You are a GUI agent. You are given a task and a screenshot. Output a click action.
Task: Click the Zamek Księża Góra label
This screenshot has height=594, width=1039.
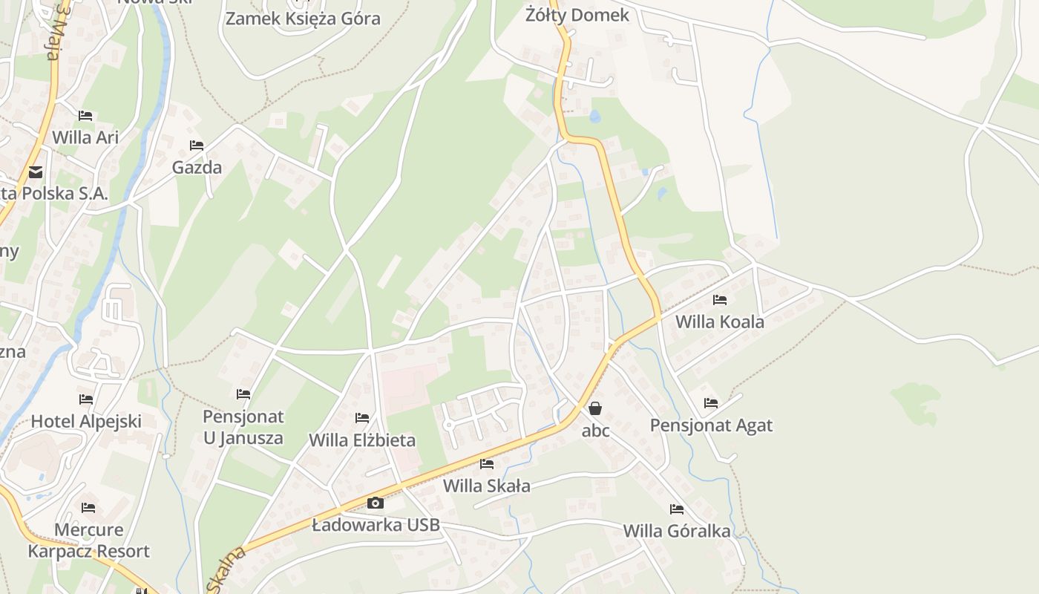[303, 19]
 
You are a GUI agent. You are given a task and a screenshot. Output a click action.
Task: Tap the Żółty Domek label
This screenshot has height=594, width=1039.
[577, 15]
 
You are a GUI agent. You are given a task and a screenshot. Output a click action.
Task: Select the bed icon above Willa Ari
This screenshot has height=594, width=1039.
[85, 116]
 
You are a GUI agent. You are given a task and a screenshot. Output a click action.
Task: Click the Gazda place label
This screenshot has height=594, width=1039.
[197, 167]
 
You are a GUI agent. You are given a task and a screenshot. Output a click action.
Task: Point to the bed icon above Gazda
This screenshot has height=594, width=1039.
[197, 146]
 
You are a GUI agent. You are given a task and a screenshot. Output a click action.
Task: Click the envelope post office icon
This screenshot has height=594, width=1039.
[35, 173]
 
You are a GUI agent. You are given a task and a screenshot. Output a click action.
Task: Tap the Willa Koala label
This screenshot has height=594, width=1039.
[719, 322]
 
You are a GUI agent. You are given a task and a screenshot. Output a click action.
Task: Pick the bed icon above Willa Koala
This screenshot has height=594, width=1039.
[719, 300]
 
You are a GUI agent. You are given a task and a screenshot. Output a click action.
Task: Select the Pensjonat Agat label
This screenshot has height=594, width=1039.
[711, 425]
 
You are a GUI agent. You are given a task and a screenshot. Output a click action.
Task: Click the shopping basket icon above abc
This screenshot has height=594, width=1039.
[595, 408]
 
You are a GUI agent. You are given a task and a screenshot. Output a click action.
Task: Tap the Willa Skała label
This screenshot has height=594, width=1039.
[487, 486]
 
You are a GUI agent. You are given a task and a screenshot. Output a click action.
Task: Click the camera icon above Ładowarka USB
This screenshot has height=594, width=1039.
[376, 503]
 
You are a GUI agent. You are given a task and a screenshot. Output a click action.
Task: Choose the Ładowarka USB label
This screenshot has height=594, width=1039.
[376, 525]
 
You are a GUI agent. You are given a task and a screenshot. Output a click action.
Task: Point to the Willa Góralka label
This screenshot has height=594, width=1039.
[677, 531]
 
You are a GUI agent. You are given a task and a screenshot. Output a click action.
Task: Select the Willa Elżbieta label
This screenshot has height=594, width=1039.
[362, 440]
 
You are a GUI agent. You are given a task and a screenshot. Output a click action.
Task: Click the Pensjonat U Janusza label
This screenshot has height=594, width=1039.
[243, 427]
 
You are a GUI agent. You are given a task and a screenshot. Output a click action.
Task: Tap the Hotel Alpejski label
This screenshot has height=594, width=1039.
[86, 421]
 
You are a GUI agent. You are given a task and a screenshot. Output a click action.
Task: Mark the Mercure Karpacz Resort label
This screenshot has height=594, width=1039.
[89, 541]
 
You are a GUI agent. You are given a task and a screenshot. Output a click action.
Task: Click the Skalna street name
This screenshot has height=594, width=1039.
[226, 570]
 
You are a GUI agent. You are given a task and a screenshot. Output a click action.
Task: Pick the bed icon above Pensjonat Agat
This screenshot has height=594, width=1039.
[711, 403]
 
